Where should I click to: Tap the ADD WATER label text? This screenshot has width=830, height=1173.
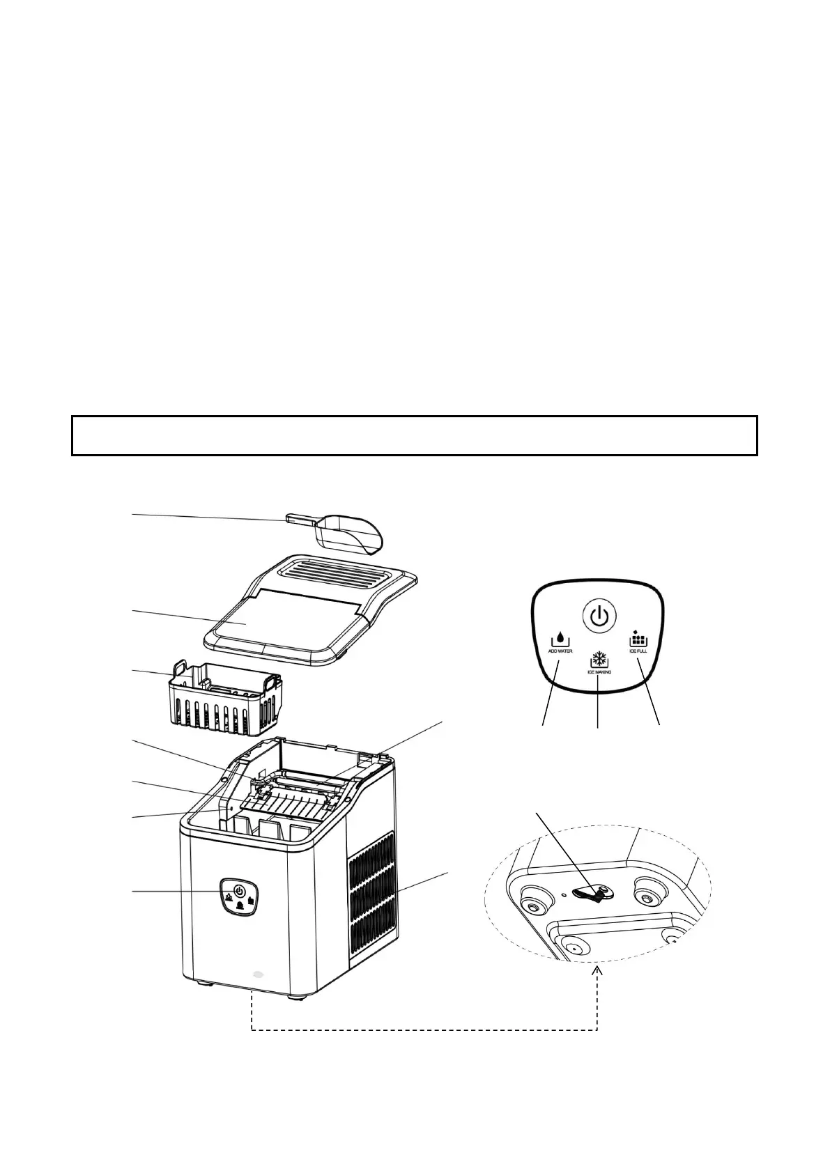click(560, 651)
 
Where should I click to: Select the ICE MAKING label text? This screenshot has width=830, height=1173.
click(599, 672)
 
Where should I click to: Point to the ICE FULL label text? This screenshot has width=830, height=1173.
click(638, 651)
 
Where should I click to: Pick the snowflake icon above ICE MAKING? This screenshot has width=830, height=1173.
click(599, 660)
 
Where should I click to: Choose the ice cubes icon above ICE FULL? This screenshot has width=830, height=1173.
click(638, 637)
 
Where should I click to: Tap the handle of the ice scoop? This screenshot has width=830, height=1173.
click(300, 519)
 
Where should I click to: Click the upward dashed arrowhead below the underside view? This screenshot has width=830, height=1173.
click(598, 972)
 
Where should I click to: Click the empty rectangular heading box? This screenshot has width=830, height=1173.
click(414, 435)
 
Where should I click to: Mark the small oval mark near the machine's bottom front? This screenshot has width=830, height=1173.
click(259, 975)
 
